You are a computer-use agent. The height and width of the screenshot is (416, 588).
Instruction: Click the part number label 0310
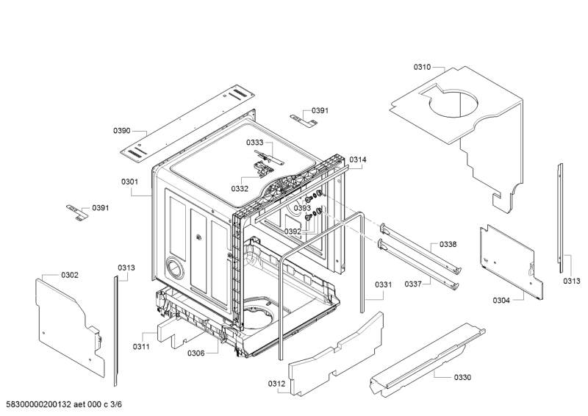422,67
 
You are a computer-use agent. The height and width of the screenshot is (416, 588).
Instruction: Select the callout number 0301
130,182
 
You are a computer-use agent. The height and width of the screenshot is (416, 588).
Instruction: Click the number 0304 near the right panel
501,300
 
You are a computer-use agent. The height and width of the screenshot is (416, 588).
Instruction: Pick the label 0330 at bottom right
462,377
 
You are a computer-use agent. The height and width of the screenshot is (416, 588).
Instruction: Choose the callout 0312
276,384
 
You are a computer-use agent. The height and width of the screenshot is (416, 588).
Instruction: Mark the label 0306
196,354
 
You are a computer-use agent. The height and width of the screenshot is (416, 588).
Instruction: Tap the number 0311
141,346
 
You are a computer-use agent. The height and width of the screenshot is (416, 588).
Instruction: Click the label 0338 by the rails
448,244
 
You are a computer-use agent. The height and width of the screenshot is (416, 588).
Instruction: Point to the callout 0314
358,159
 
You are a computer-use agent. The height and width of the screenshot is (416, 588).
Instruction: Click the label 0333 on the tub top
254,142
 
